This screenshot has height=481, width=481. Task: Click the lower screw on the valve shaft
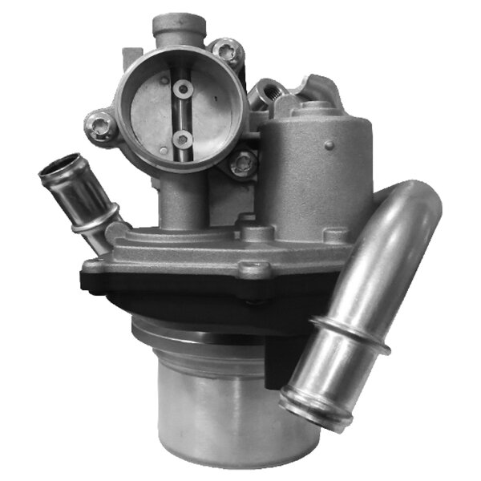(x=184, y=139)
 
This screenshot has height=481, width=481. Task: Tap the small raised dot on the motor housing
(x=329, y=145)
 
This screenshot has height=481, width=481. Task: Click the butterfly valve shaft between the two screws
(x=184, y=113)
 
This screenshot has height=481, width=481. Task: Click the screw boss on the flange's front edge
(x=257, y=270)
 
